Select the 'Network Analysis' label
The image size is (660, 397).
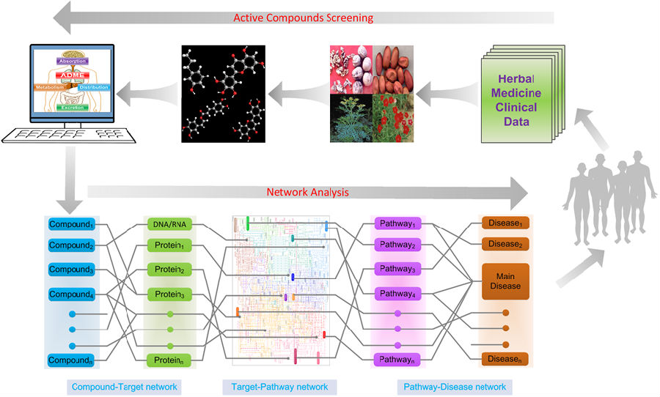point(307,193)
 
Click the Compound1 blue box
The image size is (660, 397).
point(71,222)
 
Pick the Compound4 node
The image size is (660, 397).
point(71,294)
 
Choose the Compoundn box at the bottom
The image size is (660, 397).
point(71,360)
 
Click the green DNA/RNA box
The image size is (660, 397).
point(169,223)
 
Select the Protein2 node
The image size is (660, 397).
point(169,270)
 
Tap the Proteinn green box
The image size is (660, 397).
point(169,360)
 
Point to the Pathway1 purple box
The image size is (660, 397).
point(397,223)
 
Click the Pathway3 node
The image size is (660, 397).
point(397,270)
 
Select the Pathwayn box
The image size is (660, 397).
point(397,360)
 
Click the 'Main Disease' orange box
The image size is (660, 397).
point(505,281)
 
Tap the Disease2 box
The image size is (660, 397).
point(505,244)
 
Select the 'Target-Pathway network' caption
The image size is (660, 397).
point(279,386)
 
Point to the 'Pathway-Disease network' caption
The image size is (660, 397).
point(455,386)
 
